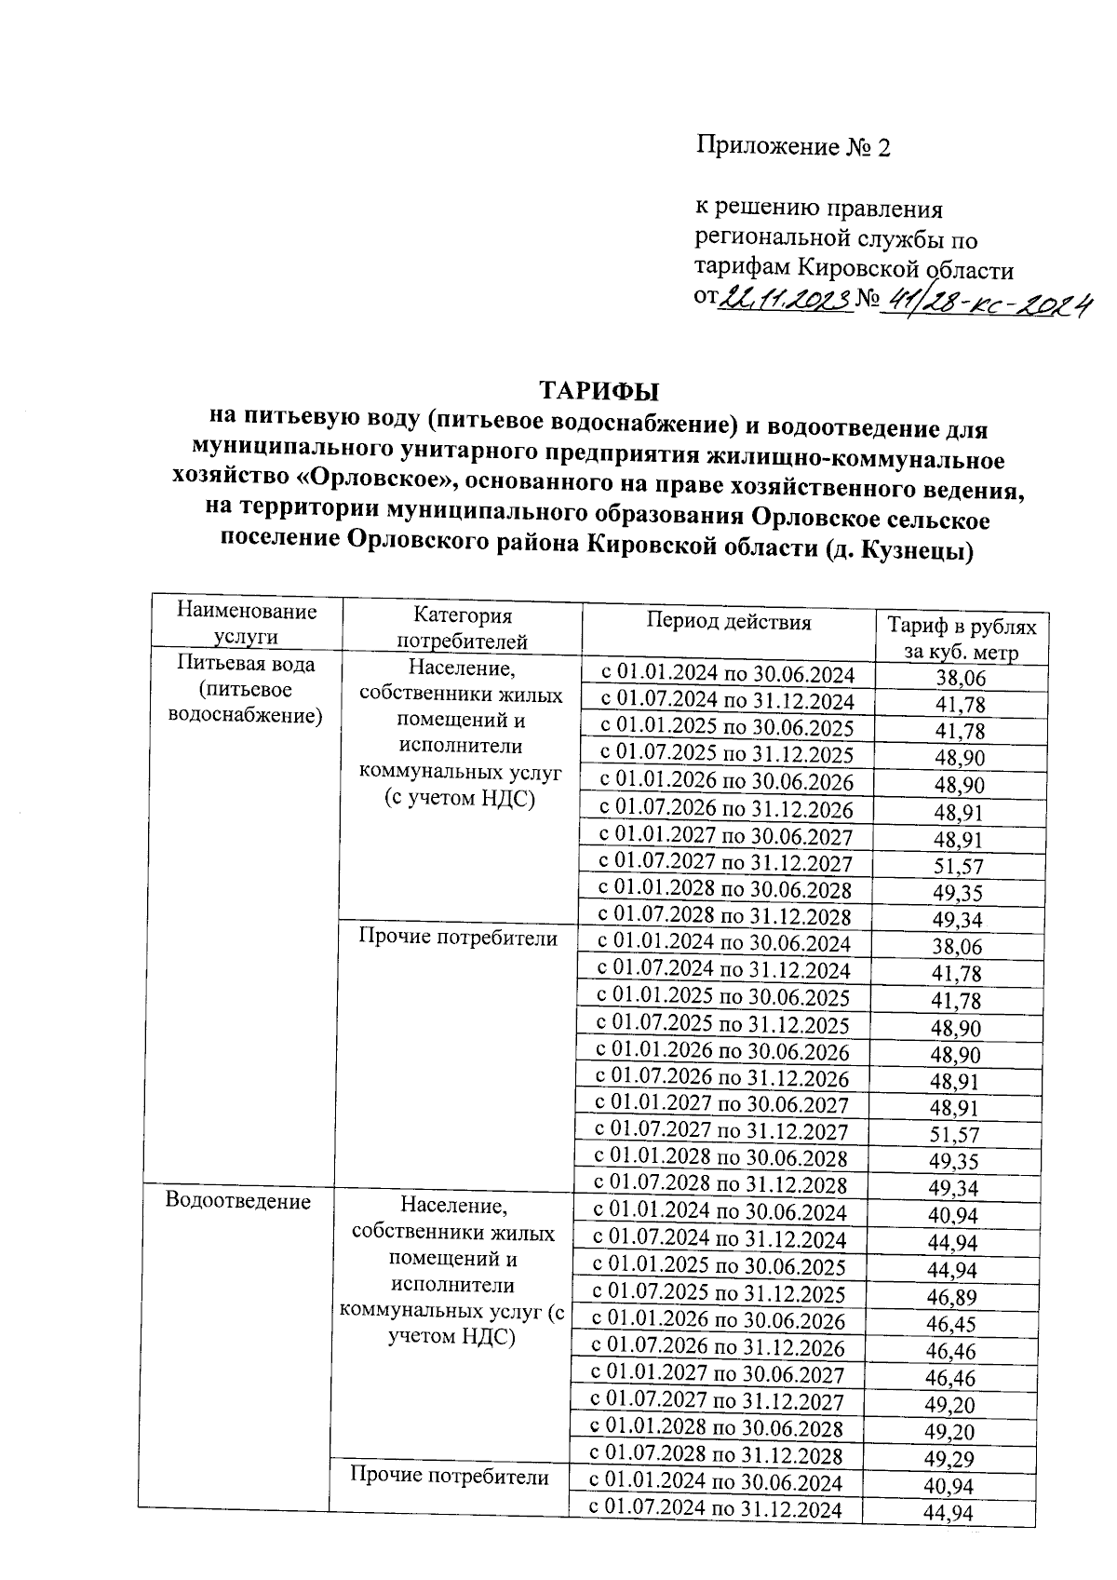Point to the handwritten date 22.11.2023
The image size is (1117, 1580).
pos(787,298)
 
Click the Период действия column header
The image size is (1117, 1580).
pos(729,622)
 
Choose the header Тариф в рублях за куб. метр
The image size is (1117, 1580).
pos(961,638)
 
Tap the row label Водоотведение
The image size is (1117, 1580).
pos(237,1201)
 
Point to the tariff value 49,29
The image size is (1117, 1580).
pos(950,1458)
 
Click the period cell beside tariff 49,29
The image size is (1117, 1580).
pos(717,1454)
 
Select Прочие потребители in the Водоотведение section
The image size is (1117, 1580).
pos(450,1475)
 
